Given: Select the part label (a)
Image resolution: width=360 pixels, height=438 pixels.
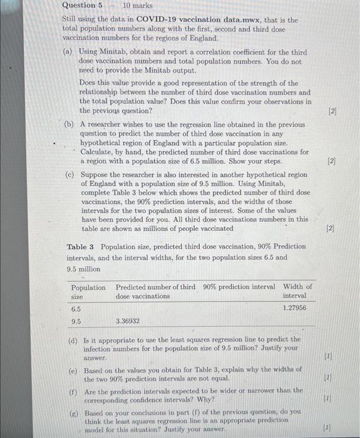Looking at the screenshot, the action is (x=69, y=53).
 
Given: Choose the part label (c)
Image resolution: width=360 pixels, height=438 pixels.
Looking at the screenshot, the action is (x=70, y=175).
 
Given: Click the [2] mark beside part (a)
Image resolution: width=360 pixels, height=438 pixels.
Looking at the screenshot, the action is (x=331, y=111).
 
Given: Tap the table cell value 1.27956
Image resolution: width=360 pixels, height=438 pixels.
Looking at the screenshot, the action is (x=295, y=308).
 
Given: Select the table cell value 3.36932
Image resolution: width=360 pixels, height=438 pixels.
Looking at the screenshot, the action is (x=128, y=321).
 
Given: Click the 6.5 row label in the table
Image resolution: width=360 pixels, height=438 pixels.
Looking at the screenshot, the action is (x=76, y=308).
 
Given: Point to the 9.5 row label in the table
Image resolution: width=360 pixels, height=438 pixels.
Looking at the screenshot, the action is (x=76, y=321).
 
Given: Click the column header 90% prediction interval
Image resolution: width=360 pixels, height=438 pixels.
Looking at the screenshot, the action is (x=239, y=287).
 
